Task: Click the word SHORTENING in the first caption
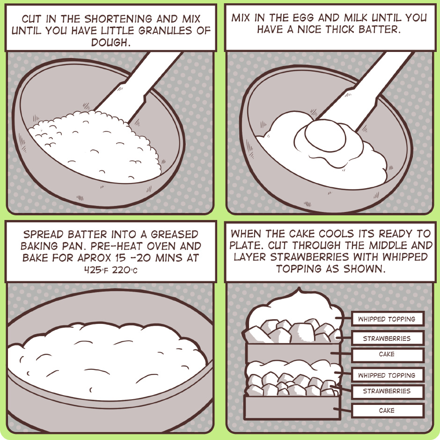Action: (118, 19)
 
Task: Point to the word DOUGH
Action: (111, 43)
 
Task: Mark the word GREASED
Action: (175, 234)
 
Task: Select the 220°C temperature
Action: (125, 270)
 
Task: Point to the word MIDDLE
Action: (389, 246)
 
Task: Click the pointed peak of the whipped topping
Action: (299, 288)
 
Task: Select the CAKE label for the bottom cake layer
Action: (387, 411)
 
